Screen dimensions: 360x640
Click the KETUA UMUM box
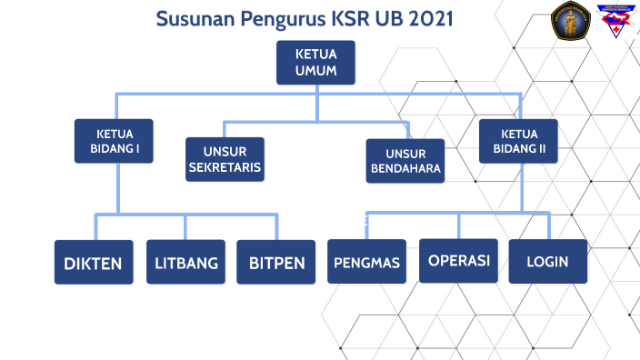pos(315,62)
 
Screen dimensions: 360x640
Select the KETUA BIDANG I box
pos(115,141)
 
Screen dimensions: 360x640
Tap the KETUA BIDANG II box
pos(519,141)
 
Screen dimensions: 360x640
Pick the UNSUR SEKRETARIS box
pos(225,159)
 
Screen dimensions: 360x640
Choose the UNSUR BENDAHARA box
pos(405,161)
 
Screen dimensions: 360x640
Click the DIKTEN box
pos(94,263)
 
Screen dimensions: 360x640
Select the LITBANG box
pos(185,263)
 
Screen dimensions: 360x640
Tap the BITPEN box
pos(276,263)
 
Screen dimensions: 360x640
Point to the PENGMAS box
pos(367,263)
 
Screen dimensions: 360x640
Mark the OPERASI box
pos(459,261)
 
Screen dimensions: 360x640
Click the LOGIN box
pos(547,262)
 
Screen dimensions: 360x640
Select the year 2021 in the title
pos(424,19)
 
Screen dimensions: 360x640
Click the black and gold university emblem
pos(571,22)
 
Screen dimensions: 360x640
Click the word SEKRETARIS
pos(225,168)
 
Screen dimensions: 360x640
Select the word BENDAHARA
pos(405,169)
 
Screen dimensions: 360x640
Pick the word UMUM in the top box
pos(315,70)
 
